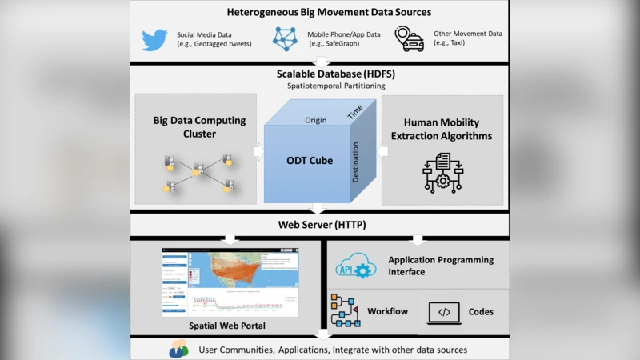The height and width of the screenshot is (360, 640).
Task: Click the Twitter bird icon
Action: coord(154,39)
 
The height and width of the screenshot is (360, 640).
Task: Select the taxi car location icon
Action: coord(410,39)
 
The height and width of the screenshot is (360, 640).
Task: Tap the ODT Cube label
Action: coord(310,160)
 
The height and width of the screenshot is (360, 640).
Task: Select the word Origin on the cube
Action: coord(316,121)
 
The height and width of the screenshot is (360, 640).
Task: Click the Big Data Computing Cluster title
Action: coord(199,127)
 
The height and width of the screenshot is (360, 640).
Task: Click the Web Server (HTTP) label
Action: coord(322,225)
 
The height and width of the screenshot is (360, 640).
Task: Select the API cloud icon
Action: coord(355,266)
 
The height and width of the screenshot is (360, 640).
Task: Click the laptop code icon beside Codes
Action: coord(445,311)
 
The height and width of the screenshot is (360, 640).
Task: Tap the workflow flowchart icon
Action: coord(345,310)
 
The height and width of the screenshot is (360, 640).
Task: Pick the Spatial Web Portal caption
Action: coord(226,326)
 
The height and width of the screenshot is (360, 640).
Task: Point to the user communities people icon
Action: coord(178,350)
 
